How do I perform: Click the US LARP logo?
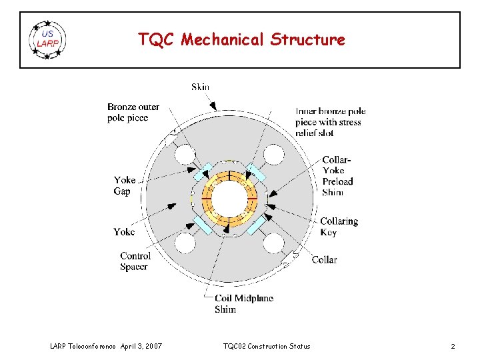(x=48, y=40)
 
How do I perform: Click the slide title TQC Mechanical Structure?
(x=241, y=40)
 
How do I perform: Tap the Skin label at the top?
(x=200, y=87)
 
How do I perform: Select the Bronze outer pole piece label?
(x=133, y=113)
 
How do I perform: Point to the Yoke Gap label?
(x=125, y=185)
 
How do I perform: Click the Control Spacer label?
(x=135, y=261)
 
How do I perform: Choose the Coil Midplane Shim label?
(x=243, y=304)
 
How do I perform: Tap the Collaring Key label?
(x=339, y=227)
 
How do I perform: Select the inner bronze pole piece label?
(x=331, y=122)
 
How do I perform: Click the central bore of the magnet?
(x=230, y=198)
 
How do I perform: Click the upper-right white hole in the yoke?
(x=273, y=155)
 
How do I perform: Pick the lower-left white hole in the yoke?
(x=185, y=243)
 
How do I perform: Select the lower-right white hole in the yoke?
(x=273, y=243)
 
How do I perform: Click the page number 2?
(x=453, y=346)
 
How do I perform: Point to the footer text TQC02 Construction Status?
(x=267, y=346)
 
